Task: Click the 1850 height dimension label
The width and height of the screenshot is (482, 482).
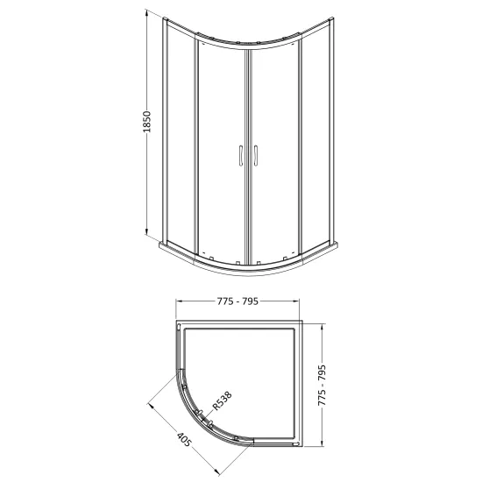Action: tap(147, 122)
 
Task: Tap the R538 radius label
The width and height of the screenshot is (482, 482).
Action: tap(222, 400)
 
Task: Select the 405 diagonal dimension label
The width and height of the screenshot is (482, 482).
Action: tap(184, 439)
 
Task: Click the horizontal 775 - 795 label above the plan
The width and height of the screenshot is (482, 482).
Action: tap(237, 301)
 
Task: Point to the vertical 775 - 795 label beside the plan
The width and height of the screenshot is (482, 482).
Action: tap(322, 386)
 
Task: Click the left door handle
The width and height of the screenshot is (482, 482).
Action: tap(241, 155)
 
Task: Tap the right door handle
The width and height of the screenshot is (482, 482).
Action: tap(255, 155)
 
